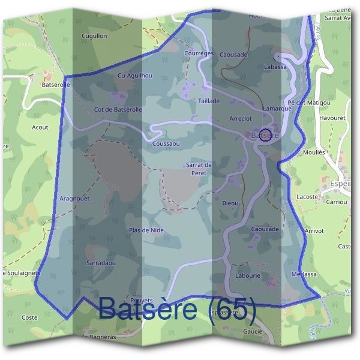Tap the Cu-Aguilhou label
click(x=135, y=76)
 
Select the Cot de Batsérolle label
click(x=118, y=109)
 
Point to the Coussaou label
click(x=166, y=144)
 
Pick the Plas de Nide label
click(x=146, y=230)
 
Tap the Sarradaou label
click(x=101, y=263)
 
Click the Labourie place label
click(x=248, y=275)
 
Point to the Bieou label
click(x=230, y=203)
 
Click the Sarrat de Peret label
click(x=199, y=169)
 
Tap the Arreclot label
click(x=240, y=119)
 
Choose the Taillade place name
click(x=209, y=101)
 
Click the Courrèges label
click(x=199, y=53)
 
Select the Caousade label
click(x=233, y=55)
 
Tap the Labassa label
click(x=275, y=67)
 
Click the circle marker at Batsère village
click(x=266, y=133)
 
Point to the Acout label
click(x=40, y=127)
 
